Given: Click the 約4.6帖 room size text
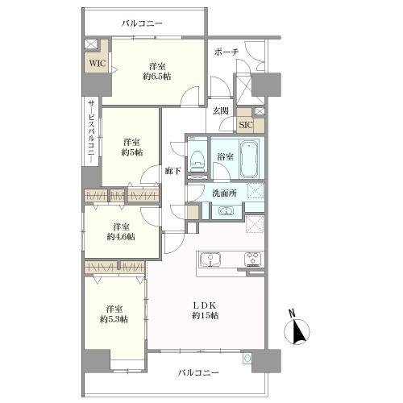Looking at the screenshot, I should click(x=121, y=237).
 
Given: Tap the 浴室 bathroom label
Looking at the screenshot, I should click(x=225, y=156).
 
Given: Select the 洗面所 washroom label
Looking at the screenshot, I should click(x=224, y=193).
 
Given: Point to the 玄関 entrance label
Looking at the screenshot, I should click(x=221, y=110).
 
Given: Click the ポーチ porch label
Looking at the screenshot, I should click(x=226, y=52).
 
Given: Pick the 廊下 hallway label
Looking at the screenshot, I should click(x=172, y=171).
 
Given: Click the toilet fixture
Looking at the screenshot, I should click(x=197, y=159).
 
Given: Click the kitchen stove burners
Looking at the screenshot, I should click(x=252, y=259).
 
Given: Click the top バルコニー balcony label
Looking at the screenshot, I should click(x=143, y=23).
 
